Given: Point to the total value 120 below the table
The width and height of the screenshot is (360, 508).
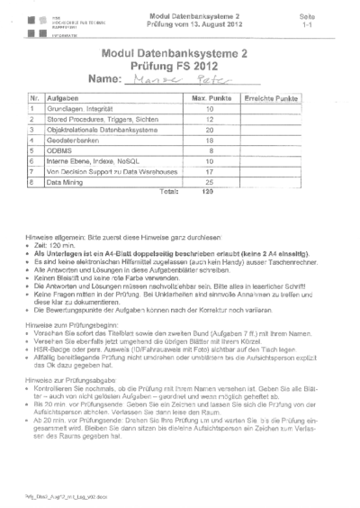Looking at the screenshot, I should click(x=207, y=192).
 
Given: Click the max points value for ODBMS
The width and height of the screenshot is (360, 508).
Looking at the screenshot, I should click(x=207, y=151).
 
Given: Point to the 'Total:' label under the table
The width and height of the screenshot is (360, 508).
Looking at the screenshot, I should click(x=168, y=192).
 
